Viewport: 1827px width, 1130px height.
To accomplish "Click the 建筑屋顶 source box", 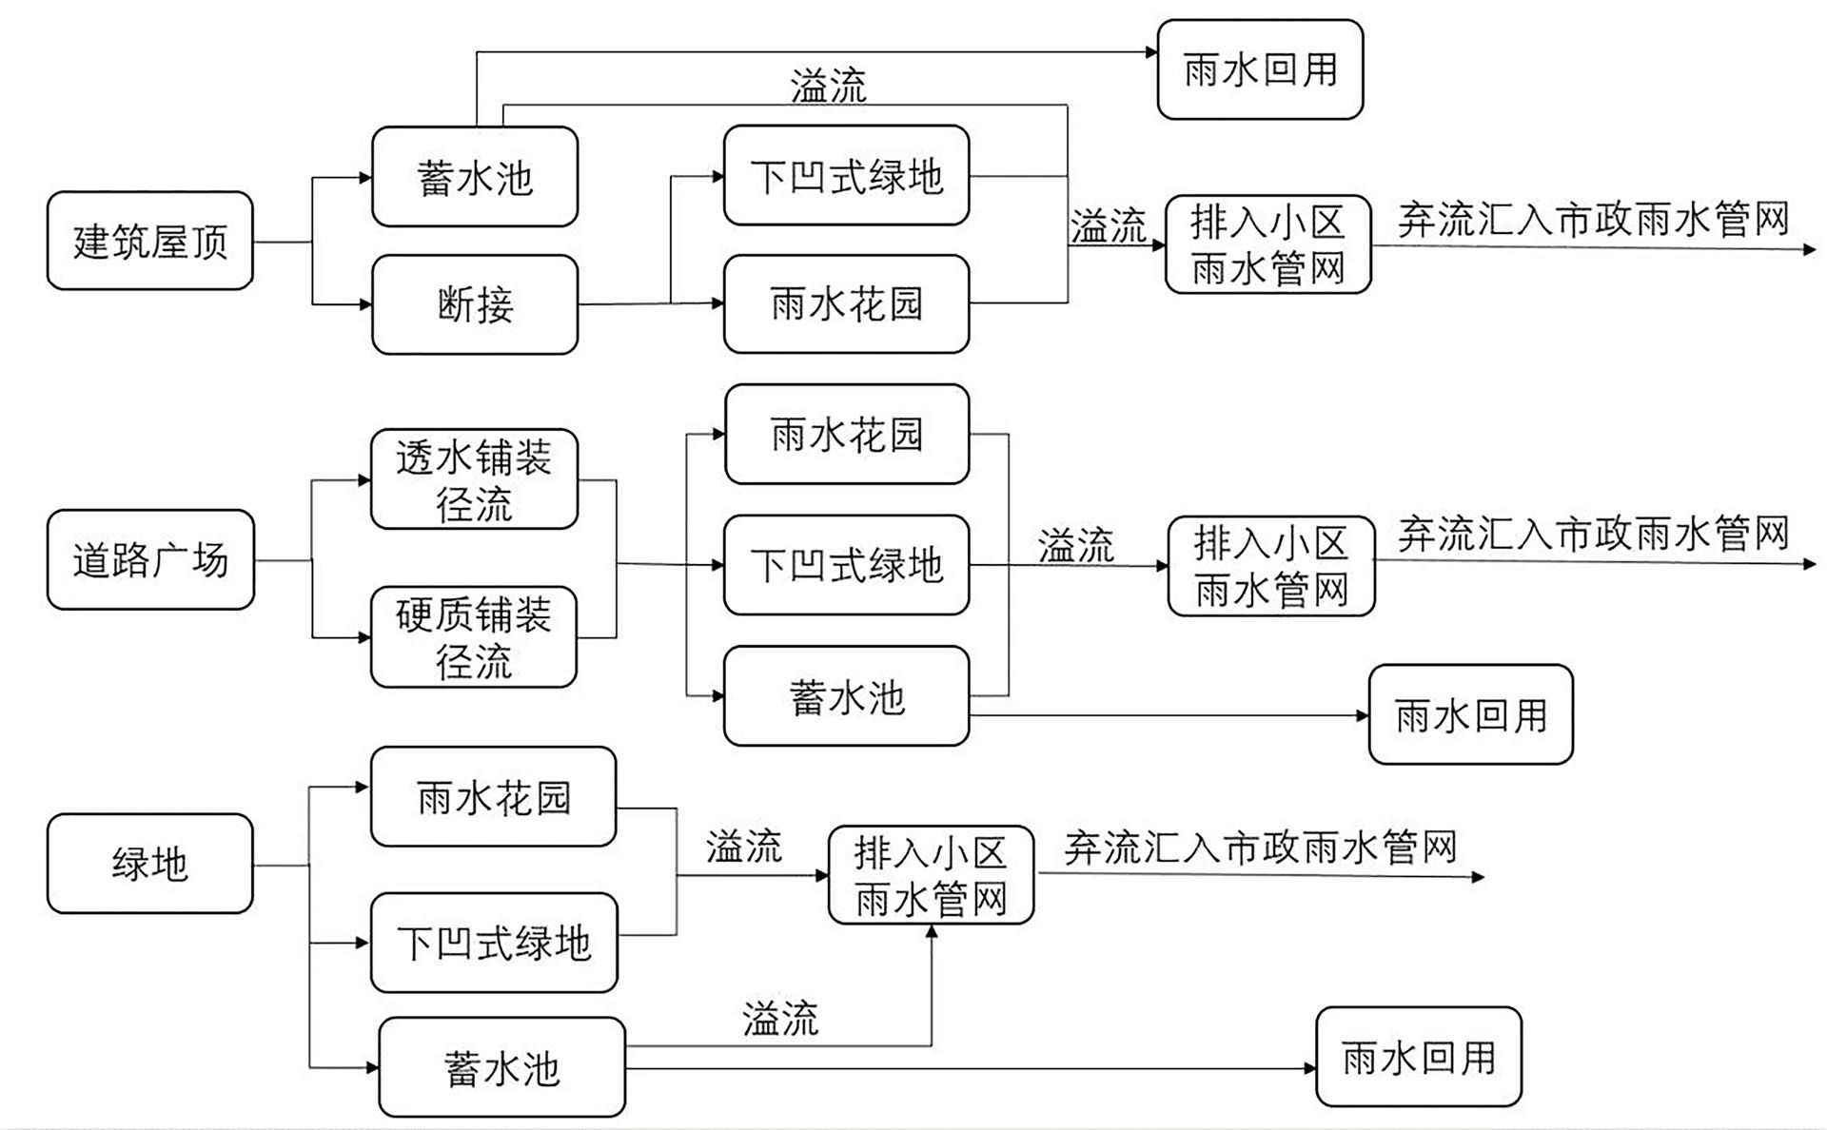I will tap(149, 241).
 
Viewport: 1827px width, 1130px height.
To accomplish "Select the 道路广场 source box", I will tap(150, 559).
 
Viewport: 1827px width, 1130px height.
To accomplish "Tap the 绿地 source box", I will tap(150, 864).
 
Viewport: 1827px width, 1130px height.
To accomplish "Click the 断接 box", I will tap(474, 304).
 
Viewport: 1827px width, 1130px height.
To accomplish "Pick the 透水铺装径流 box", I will tap(474, 479).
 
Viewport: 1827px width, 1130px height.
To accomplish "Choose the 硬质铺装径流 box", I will tap(474, 636).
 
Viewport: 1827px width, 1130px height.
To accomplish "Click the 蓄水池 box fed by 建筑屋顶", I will tap(474, 177).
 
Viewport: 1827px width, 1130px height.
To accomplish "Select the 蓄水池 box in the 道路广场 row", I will tap(846, 696).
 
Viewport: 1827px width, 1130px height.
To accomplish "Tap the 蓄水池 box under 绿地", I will tap(501, 1067).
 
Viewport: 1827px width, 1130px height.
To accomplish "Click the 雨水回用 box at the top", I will tap(1260, 69).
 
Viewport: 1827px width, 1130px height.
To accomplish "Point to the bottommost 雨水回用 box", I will tap(1418, 1057).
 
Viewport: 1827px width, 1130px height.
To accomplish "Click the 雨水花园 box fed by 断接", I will tap(846, 304).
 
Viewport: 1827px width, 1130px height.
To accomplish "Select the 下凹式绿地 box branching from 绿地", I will tap(494, 943).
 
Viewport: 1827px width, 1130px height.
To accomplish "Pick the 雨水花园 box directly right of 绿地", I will tap(493, 797).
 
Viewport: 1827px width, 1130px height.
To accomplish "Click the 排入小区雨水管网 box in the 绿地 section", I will tap(931, 875).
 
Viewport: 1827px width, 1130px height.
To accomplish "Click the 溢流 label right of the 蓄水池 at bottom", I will tap(779, 1019).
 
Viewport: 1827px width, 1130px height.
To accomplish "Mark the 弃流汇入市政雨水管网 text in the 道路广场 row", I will tap(1593, 534).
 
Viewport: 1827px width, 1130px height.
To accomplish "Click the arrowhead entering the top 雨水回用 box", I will tap(1151, 52).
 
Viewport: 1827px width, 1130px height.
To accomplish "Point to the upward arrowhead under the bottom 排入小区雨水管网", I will tap(932, 931).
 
